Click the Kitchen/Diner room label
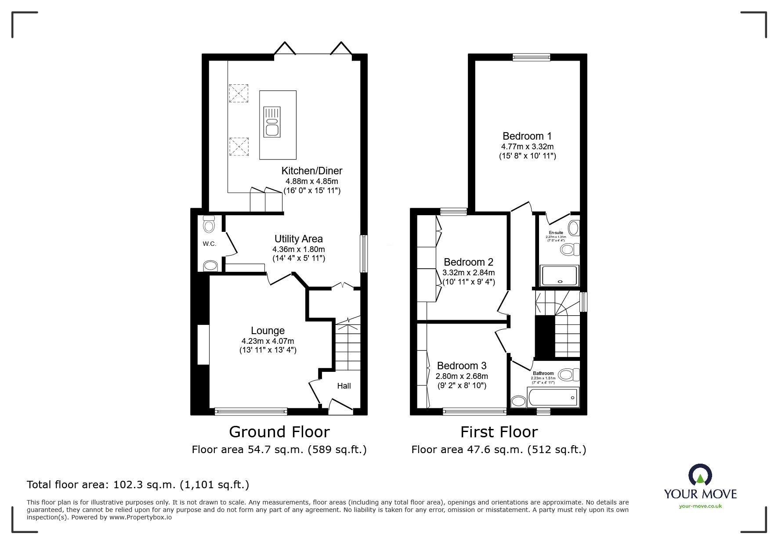tap(311, 171)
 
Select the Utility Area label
tap(298, 239)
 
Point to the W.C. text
tap(210, 244)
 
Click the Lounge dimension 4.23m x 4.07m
tap(268, 341)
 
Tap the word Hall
tap(344, 386)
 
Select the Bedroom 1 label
tap(527, 136)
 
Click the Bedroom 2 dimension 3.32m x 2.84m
tap(468, 273)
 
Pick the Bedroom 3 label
tap(462, 366)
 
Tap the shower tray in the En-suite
tap(560, 276)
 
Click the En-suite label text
tap(556, 233)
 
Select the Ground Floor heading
tap(279, 432)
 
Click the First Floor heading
tap(499, 432)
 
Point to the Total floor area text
tap(138, 485)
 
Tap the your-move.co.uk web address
tap(700, 506)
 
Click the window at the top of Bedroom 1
tap(531, 57)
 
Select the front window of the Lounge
tap(251, 411)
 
